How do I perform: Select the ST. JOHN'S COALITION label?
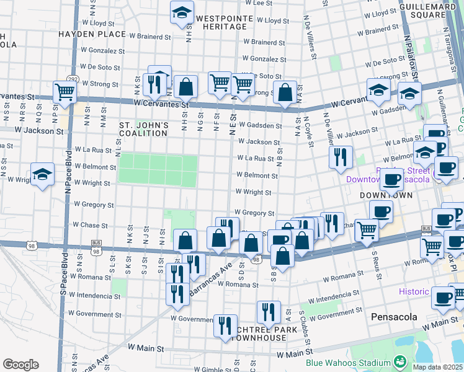coord(144,129)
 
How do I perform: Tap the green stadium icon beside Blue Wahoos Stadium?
coord(399,361)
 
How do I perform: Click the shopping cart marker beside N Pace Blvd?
coord(65,92)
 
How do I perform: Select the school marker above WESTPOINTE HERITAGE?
coord(182,12)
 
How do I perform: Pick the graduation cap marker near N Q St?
coord(43,175)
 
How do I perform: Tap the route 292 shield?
coord(73,79)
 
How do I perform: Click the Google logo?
coord(20,365)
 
